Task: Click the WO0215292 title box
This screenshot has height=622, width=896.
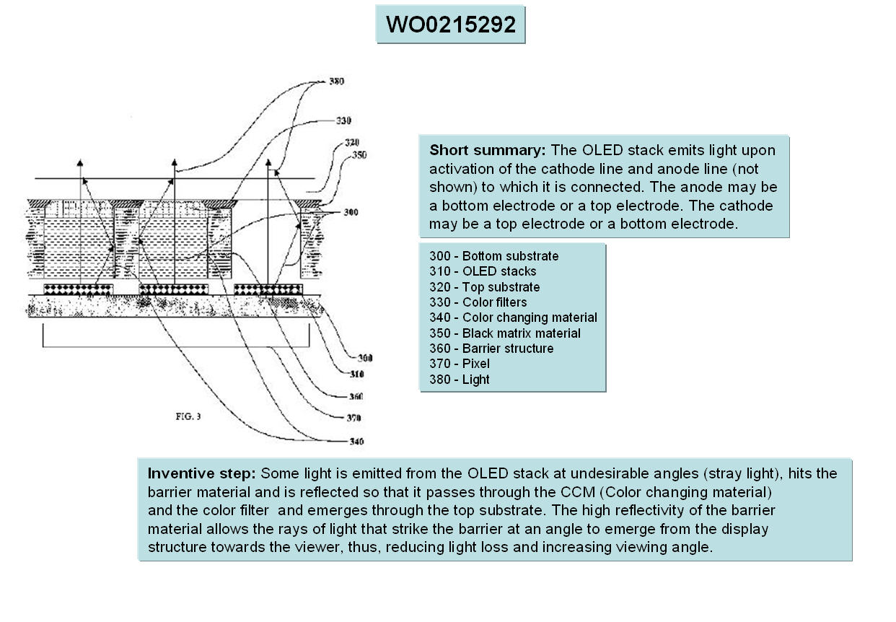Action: [x=450, y=25]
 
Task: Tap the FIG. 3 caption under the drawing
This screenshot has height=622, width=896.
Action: [x=188, y=416]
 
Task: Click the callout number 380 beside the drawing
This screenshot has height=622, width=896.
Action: [x=336, y=82]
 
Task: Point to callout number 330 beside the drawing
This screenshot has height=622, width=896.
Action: [x=343, y=121]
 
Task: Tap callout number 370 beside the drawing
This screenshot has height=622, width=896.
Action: [x=353, y=418]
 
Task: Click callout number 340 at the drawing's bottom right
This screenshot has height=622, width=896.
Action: [x=356, y=442]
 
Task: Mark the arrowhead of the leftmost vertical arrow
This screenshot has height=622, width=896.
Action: [x=80, y=161]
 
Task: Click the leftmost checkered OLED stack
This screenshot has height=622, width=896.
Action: [x=78, y=289]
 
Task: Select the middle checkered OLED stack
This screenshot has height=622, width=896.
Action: [x=173, y=289]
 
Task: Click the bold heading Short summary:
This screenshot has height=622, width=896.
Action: [x=487, y=151]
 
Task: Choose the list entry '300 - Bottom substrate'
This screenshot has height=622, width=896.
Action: [x=493, y=256]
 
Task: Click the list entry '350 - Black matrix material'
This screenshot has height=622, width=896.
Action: [x=504, y=333]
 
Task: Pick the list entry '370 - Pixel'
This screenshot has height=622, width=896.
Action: [x=459, y=364]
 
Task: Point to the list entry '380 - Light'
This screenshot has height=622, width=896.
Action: [x=459, y=380]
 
